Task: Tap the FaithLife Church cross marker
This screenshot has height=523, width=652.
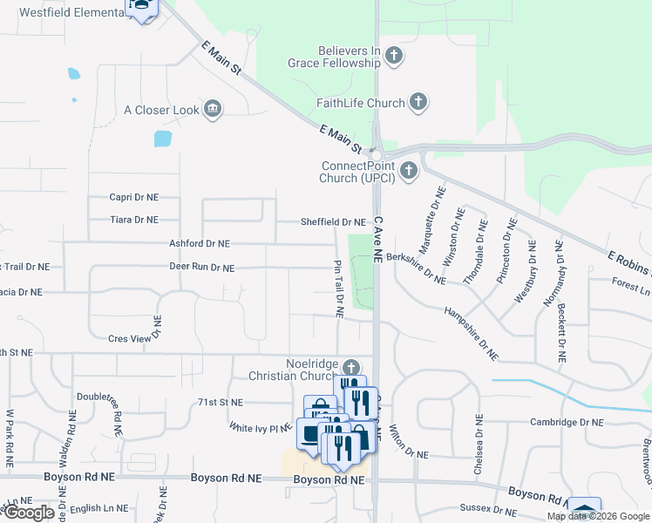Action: tap(418, 103)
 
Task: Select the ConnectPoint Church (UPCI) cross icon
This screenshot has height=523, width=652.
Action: tap(407, 172)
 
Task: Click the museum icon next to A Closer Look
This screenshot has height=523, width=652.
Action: tap(212, 110)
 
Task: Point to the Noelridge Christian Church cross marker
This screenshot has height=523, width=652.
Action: tap(350, 369)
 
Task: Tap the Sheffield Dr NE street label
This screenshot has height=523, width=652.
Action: tap(333, 222)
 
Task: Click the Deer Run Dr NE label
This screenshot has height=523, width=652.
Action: tap(201, 268)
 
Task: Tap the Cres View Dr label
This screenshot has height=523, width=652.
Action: tap(134, 337)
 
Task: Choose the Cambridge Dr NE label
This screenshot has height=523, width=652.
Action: tap(567, 422)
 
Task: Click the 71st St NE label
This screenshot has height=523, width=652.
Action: tap(220, 403)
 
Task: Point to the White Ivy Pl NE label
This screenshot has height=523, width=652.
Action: tap(260, 428)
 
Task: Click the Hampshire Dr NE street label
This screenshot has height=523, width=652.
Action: tap(471, 333)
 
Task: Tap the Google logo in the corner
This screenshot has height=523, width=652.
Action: tap(29, 513)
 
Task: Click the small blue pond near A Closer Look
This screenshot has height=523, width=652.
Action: tap(163, 138)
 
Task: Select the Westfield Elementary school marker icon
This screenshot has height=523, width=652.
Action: tap(139, 8)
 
